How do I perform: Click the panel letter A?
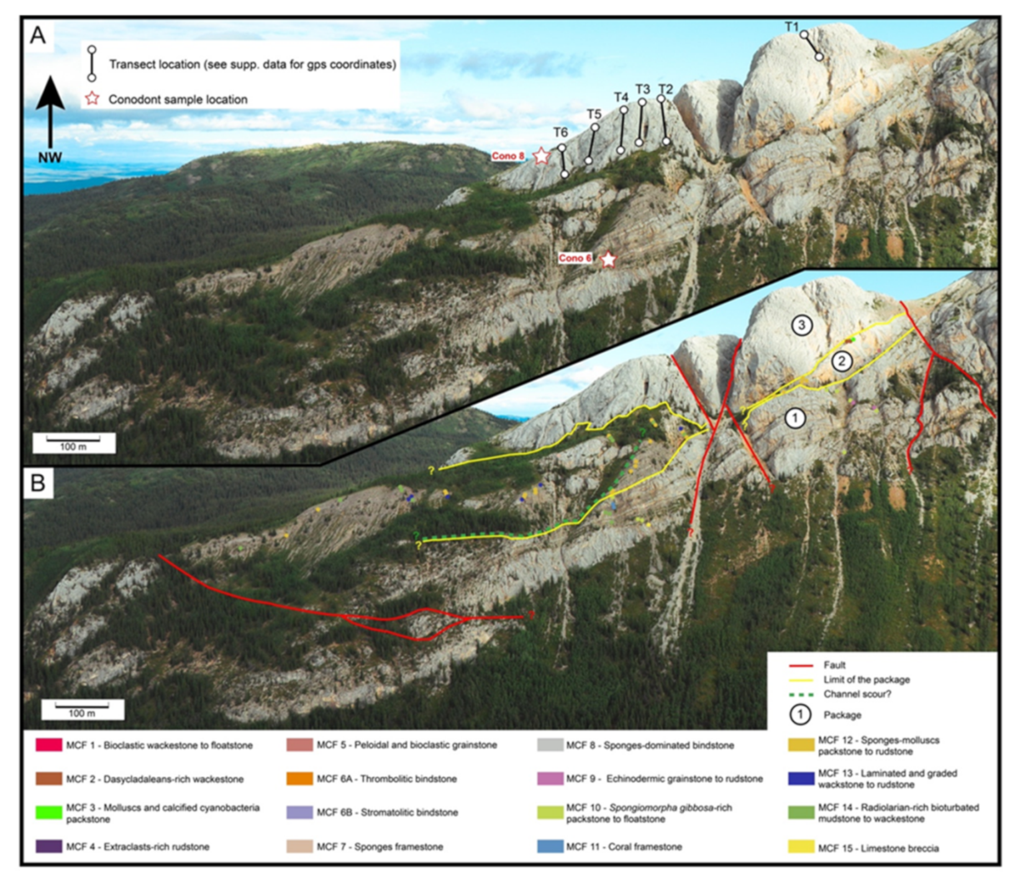pos(38,35)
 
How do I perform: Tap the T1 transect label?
pos(791,27)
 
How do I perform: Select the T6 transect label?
pos(560,132)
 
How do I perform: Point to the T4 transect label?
pos(621,98)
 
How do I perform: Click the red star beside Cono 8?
pos(542,156)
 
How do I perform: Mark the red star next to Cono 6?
pos(608,259)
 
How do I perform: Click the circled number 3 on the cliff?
pos(802,324)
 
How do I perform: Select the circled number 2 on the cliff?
pos(842,361)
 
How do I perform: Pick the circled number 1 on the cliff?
pos(795,418)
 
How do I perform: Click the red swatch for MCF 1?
pos(49,745)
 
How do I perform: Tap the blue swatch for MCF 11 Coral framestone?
pos(550,846)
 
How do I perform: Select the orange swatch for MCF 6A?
pos(299,779)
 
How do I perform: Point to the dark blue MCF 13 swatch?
pos(801,779)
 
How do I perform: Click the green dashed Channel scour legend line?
pos(801,694)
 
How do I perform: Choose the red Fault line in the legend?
pos(801,665)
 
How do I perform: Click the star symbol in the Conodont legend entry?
pos(92,99)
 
